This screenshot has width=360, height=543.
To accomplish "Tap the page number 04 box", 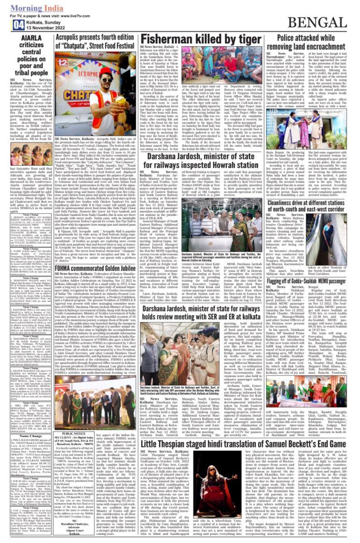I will pos(7,24).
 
